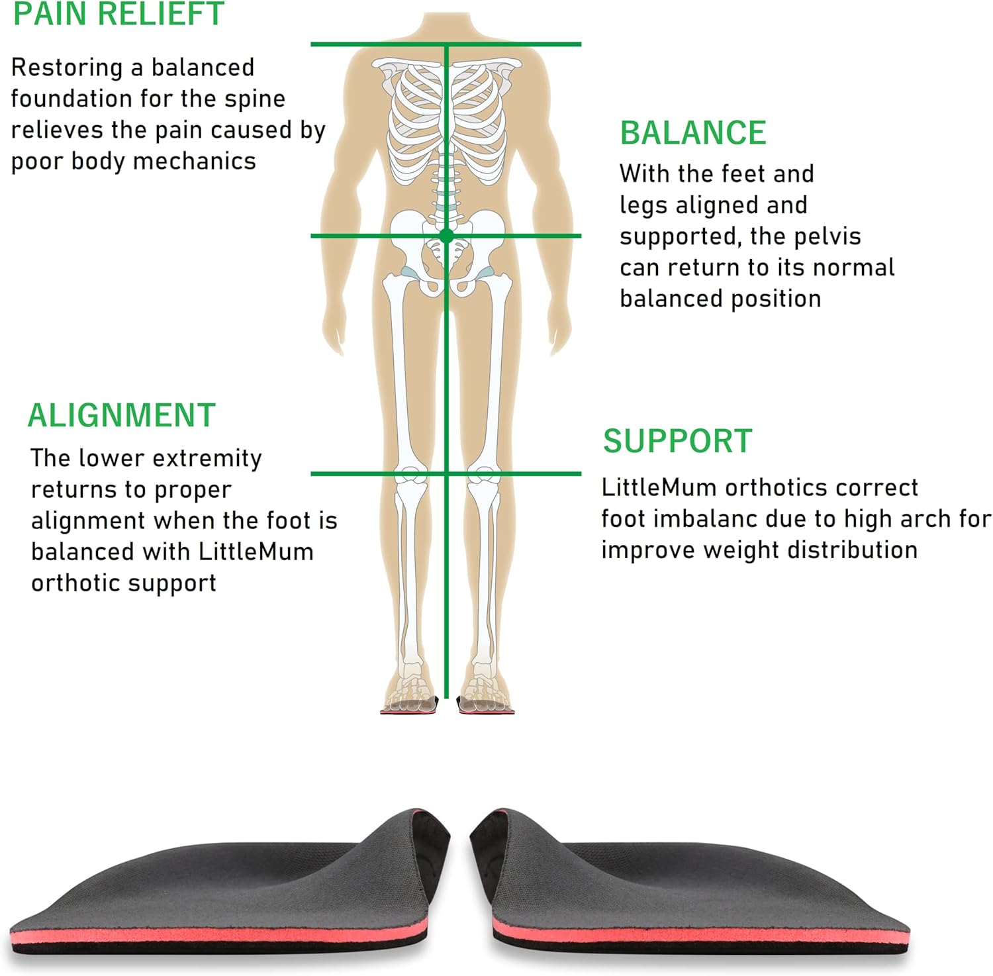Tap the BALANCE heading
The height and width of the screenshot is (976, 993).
pos(693,133)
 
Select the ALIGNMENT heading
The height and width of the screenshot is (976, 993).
pos(122,416)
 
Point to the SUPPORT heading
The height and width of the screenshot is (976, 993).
pos(678,441)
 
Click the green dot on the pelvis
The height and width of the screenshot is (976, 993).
pos(446,235)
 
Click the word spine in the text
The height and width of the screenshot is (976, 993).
pos(255,99)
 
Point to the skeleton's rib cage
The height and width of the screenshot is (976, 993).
pos(446,122)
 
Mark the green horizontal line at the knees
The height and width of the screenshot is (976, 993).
pos(446,473)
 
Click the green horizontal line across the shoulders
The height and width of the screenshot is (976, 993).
pos(446,44)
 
